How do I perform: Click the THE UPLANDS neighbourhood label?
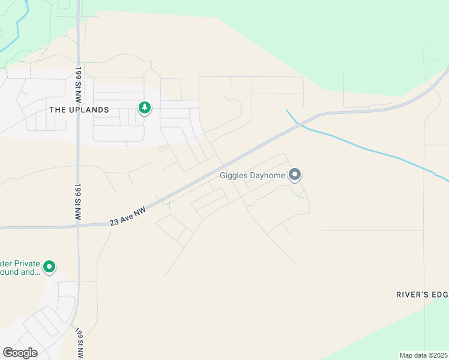click(x=79, y=110)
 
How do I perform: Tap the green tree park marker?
click(x=144, y=108)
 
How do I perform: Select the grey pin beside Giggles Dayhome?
click(x=295, y=175)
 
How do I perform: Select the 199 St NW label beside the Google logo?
click(x=79, y=343)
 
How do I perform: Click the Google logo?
click(x=20, y=353)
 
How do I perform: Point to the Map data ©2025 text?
click(x=423, y=355)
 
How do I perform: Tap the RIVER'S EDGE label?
click(x=422, y=295)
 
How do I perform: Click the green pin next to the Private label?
click(x=49, y=266)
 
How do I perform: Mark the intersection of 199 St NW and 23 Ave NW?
click(x=78, y=226)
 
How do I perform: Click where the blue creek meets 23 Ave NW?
click(x=300, y=124)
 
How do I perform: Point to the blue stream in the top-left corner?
click(x=18, y=30)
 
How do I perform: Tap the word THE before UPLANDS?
click(x=56, y=110)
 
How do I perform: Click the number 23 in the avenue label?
click(x=113, y=223)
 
